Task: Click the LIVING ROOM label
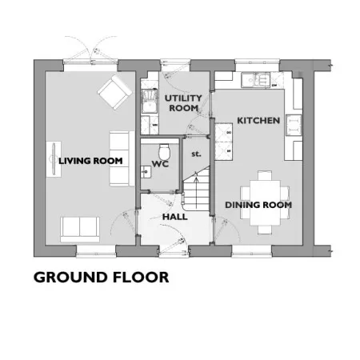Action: click(x=90, y=161)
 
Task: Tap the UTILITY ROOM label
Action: click(x=183, y=103)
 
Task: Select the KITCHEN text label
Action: click(x=258, y=121)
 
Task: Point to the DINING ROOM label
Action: click(x=258, y=205)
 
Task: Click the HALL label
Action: click(x=175, y=217)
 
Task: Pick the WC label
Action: click(x=160, y=164)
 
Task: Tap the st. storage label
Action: click(x=196, y=154)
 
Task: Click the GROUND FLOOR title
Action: click(x=102, y=278)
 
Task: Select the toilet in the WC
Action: click(x=164, y=151)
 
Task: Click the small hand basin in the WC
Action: click(x=146, y=172)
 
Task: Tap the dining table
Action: click(x=265, y=202)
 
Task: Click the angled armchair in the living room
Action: click(x=115, y=92)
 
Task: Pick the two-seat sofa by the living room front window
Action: click(x=80, y=230)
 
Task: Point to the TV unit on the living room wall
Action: click(x=54, y=159)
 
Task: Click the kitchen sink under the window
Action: click(x=256, y=80)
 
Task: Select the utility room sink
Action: click(x=150, y=102)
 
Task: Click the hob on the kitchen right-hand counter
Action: click(x=294, y=125)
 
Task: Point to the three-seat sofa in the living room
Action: click(x=122, y=158)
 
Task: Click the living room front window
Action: click(x=96, y=252)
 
